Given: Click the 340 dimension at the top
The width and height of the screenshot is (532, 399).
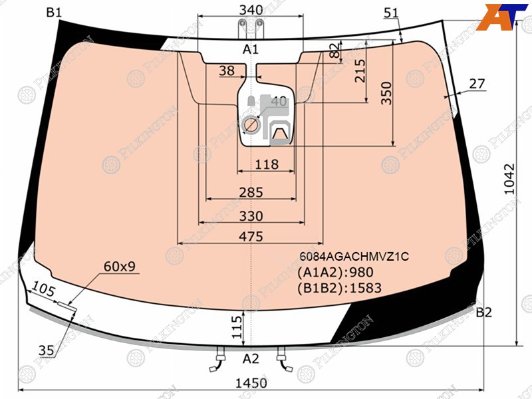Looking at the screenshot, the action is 251,10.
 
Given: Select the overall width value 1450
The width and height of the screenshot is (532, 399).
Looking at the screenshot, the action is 251,383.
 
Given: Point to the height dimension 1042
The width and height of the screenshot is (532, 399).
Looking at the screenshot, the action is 509,179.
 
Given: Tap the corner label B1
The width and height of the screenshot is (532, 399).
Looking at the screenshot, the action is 54,13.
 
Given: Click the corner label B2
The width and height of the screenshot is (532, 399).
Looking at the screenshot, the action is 483,312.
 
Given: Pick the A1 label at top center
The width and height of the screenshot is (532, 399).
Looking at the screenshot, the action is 251,49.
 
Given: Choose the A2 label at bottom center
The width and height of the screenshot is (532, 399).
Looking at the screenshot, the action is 251,358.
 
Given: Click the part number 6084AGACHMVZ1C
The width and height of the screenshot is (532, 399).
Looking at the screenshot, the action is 354,256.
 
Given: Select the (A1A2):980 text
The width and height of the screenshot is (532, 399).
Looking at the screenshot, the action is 335,272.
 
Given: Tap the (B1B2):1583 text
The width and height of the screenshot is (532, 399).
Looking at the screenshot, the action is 339,288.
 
